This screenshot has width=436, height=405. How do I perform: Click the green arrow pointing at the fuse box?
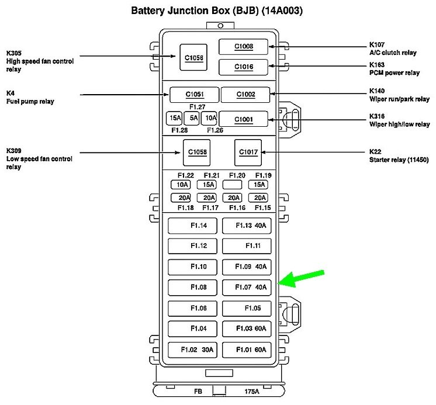coord(302,278)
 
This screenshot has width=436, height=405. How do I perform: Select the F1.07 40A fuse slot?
coord(247,287)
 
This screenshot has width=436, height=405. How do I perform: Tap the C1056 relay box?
coord(194,57)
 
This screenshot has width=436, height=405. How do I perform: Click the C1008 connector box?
coord(244,47)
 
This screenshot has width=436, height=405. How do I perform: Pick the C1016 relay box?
coord(244,67)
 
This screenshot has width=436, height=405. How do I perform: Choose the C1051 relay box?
coord(194,95)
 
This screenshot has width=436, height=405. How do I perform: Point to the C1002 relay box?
coord(245,95)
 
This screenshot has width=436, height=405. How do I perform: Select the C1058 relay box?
coord(197,153)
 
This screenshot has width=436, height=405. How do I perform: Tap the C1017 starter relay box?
coord(248,153)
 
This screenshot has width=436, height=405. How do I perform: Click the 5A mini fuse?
coord(193,118)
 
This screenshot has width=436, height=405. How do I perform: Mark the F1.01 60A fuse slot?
coord(247,349)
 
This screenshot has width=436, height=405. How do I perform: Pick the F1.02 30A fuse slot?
coord(192,349)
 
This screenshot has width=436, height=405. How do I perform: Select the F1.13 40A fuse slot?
coord(247,226)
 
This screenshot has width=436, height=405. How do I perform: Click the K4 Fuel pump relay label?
coord(29,97)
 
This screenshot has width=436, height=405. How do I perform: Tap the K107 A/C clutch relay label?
coord(393,49)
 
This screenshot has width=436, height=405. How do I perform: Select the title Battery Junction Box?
coord(217,11)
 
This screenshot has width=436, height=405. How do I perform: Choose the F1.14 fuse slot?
coord(192,226)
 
